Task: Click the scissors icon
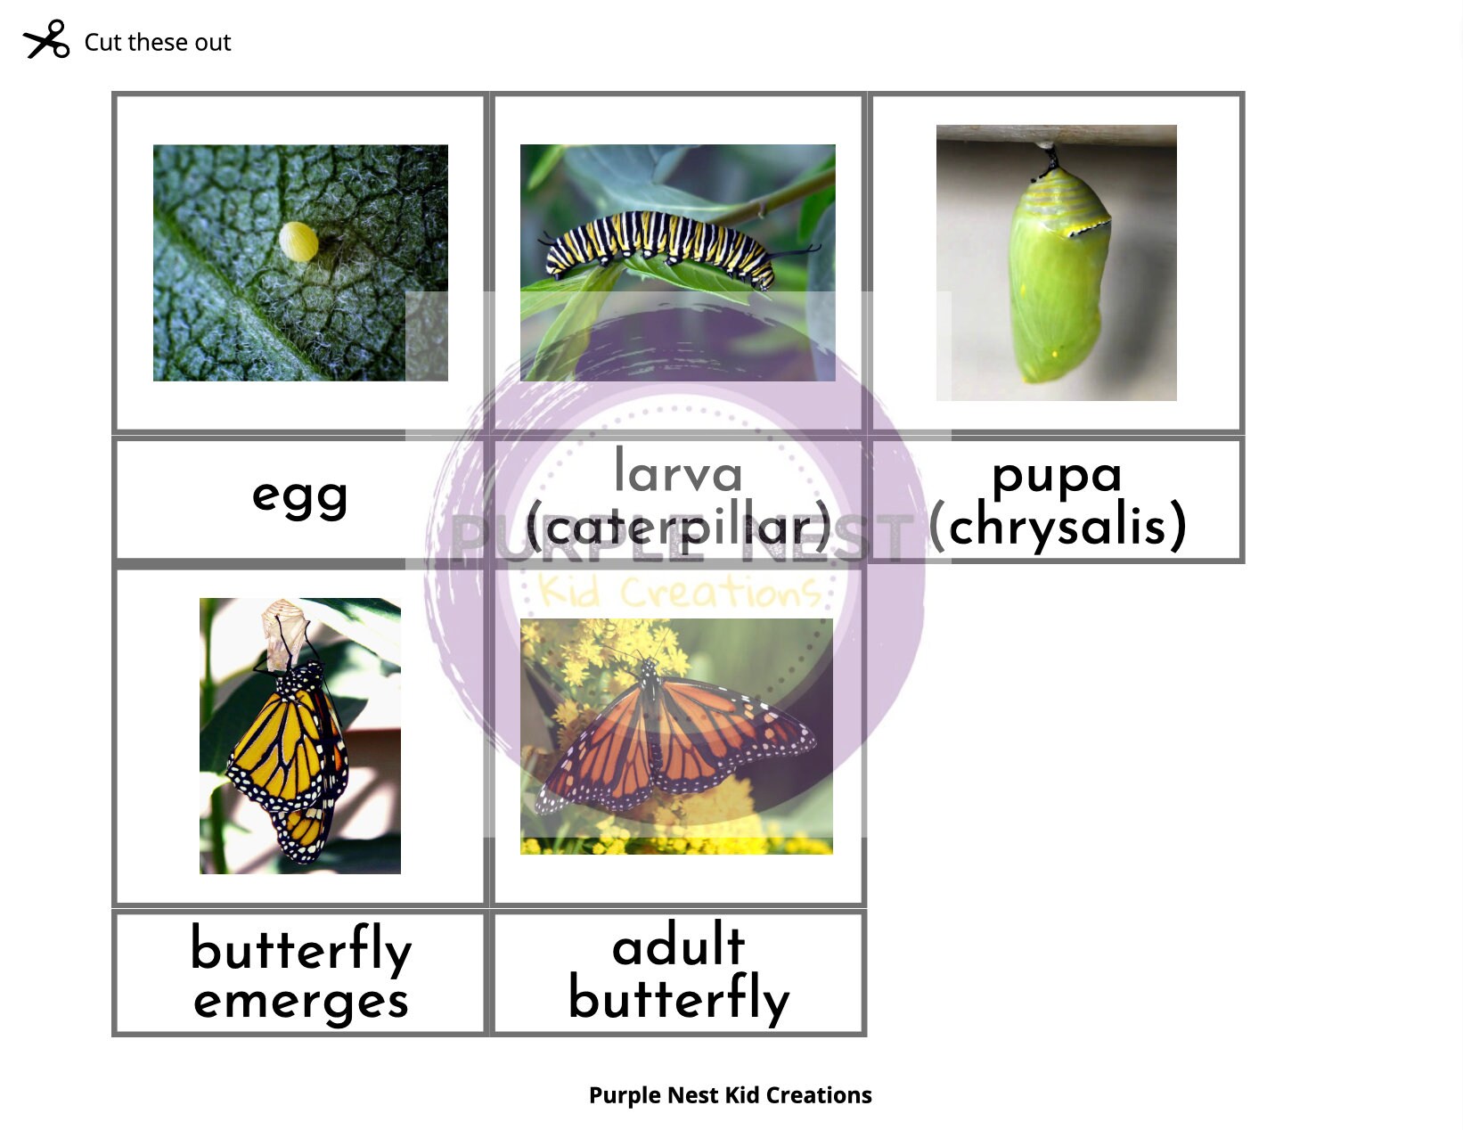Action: (45, 40)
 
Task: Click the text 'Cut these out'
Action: (157, 43)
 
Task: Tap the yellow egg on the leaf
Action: (298, 242)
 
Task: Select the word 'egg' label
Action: (299, 495)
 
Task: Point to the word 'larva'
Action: (678, 472)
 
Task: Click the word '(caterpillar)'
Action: (678, 528)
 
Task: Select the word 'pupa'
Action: (1056, 473)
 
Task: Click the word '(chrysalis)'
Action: (1058, 526)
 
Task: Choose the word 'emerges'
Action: (300, 1001)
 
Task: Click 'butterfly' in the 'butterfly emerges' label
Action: (300, 948)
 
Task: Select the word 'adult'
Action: (678, 946)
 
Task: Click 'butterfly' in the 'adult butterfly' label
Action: (678, 998)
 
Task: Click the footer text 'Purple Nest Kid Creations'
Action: (730, 1095)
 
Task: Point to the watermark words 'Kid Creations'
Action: (679, 592)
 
